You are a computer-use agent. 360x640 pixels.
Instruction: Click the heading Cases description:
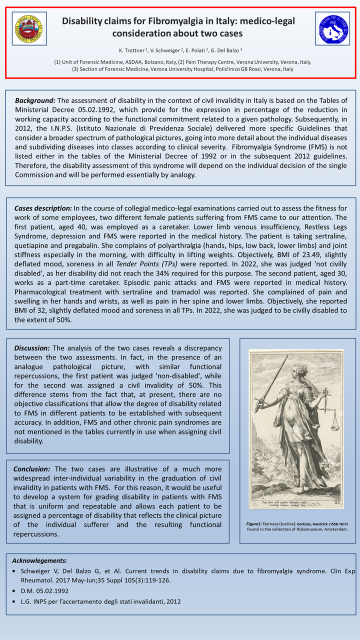(x=43, y=208)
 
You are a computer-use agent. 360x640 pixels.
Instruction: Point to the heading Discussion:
(x=32, y=348)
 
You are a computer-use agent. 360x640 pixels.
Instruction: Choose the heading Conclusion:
(x=32, y=469)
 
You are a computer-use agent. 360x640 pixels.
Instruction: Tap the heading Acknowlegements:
(x=39, y=560)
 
